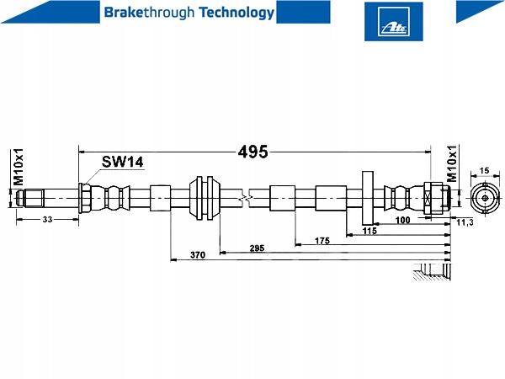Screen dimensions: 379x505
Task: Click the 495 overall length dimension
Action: (x=252, y=152)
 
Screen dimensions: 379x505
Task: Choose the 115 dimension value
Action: (x=369, y=230)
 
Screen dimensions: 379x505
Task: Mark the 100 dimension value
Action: (x=402, y=220)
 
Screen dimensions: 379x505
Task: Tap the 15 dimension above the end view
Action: (x=484, y=171)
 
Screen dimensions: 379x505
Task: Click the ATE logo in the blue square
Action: (x=393, y=22)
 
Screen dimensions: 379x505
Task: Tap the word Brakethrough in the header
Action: (x=140, y=12)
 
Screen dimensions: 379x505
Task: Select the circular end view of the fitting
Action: (x=484, y=200)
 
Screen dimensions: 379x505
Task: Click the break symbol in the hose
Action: (x=246, y=199)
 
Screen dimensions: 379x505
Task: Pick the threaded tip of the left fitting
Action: (x=30, y=199)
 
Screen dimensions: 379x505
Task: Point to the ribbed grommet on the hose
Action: (x=205, y=199)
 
